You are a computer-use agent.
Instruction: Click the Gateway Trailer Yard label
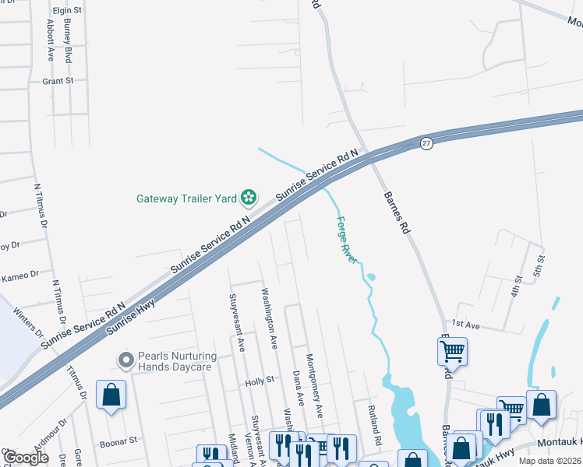pyautogui.click(x=186, y=198)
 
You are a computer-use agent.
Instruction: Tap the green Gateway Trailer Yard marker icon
pyautogui.click(x=248, y=198)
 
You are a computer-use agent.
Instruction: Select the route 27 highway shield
pyautogui.click(x=426, y=144)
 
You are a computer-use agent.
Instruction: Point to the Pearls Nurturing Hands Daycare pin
pyautogui.click(x=125, y=360)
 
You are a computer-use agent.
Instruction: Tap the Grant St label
pyautogui.click(x=58, y=81)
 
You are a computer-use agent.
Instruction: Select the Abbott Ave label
pyautogui.click(x=50, y=42)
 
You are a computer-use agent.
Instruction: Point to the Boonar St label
pyautogui.click(x=118, y=440)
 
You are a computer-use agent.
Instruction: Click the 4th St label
pyautogui.click(x=515, y=286)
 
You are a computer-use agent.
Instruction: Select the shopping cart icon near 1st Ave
pyautogui.click(x=452, y=351)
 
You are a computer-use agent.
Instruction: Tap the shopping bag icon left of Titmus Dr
pyautogui.click(x=111, y=394)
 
